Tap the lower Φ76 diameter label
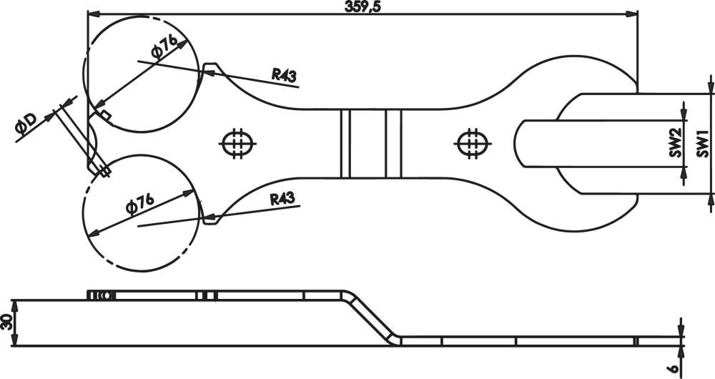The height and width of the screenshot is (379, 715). click(x=140, y=203)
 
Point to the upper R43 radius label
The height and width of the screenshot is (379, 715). click(x=284, y=74)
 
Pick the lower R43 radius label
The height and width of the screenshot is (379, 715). click(x=282, y=200)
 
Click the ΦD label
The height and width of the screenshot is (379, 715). click(x=26, y=124)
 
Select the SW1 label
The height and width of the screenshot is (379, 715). click(x=703, y=143)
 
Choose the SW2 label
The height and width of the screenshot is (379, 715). click(x=676, y=143)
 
